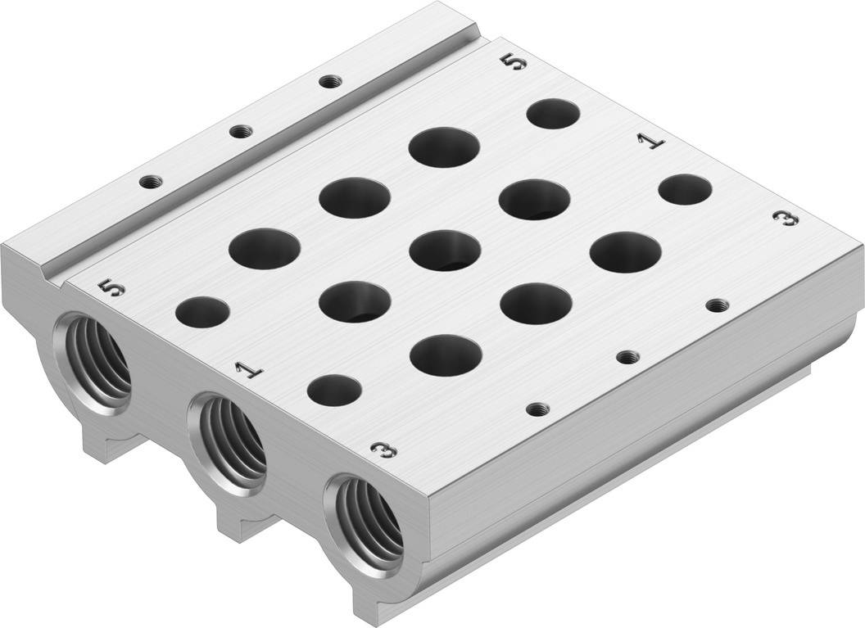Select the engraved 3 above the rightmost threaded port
pyautogui.click(x=383, y=450)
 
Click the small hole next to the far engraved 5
pyautogui.click(x=553, y=113)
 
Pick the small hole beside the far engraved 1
pyautogui.click(x=685, y=189)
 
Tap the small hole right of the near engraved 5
pyautogui.click(x=202, y=313)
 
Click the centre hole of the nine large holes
pyautogui.click(x=445, y=250)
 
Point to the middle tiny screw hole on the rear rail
pyautogui.click(x=239, y=131)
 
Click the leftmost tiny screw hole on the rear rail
pyautogui.click(x=149, y=182)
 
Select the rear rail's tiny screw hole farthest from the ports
pyautogui.click(x=329, y=81)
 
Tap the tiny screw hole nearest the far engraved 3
pyautogui.click(x=718, y=305)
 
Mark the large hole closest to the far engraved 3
pyautogui.click(x=625, y=251)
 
